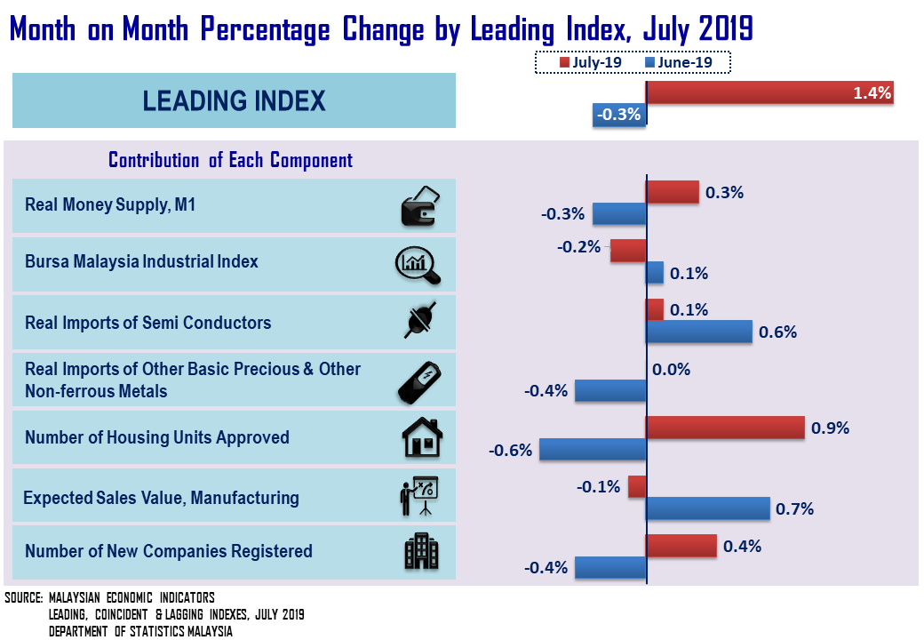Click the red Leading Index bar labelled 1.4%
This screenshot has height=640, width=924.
click(x=769, y=92)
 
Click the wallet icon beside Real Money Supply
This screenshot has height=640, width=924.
click(x=418, y=206)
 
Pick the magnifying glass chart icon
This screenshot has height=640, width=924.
click(x=418, y=263)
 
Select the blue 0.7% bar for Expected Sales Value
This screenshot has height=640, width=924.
click(x=707, y=508)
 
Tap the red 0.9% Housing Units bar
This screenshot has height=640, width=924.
click(x=725, y=428)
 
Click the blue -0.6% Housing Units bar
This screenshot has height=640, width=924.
click(x=593, y=450)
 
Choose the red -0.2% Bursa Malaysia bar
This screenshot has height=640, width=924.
click(x=627, y=251)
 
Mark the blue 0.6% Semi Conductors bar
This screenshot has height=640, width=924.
click(x=698, y=332)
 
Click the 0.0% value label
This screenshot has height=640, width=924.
click(x=671, y=370)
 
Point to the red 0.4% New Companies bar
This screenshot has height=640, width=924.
click(x=681, y=546)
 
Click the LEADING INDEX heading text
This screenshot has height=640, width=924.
click(x=234, y=100)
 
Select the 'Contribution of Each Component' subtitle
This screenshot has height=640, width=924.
click(x=230, y=160)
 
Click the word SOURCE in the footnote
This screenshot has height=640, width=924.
click(x=24, y=597)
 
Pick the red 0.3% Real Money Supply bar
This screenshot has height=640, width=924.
click(x=672, y=192)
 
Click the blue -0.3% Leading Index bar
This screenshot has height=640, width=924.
click(x=619, y=114)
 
